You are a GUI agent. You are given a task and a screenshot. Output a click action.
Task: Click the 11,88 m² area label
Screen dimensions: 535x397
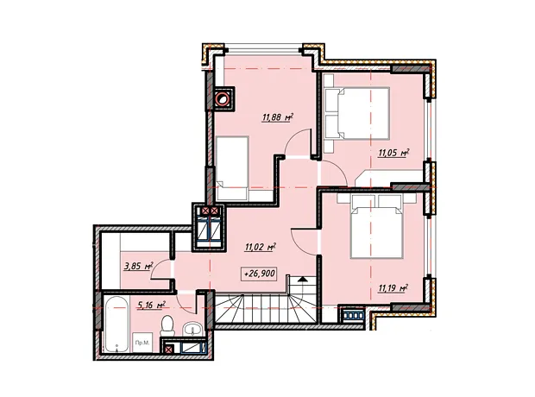[x=278, y=117]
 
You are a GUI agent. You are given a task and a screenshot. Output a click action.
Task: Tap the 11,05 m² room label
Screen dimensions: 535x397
[x=393, y=153]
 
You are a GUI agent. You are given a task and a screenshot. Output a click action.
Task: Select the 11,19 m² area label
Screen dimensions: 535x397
[x=393, y=289]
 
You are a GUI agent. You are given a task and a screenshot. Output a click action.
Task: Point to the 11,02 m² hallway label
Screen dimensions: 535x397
[x=260, y=247]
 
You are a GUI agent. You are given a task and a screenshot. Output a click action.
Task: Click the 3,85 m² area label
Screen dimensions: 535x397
[x=139, y=266]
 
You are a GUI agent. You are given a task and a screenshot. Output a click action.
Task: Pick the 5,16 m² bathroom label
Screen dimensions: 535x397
[x=151, y=305]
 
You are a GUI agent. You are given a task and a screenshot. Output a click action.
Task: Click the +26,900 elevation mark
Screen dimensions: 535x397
[x=259, y=274]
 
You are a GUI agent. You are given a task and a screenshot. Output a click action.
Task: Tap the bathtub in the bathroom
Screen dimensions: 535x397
[x=116, y=325]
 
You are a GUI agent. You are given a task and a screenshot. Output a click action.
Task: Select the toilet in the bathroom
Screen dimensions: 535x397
[x=167, y=325]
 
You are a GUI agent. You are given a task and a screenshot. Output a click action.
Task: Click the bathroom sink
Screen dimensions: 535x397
[x=193, y=330]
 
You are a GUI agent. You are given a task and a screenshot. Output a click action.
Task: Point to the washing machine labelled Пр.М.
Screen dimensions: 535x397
[x=142, y=343]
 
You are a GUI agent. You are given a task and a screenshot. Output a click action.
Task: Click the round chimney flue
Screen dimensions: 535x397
[x=222, y=99]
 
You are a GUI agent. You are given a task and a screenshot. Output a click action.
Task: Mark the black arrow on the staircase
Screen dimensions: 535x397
[x=302, y=280]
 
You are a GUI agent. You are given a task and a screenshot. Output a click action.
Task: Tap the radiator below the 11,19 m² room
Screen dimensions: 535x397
[x=353, y=315]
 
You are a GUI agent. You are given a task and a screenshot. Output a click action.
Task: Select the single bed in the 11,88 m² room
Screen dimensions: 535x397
[x=232, y=168]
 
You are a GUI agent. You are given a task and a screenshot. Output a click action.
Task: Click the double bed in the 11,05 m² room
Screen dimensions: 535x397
[x=357, y=113]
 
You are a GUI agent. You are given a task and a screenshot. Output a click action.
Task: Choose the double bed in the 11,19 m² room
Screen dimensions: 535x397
[x=375, y=227]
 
